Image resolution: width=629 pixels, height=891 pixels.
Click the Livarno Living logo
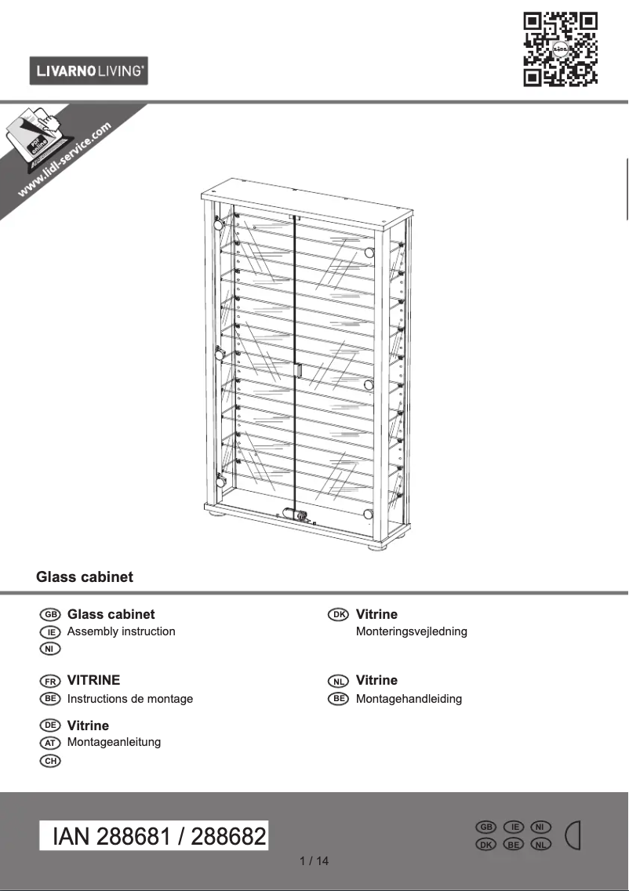click(89, 71)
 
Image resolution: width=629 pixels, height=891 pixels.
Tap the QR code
click(560, 48)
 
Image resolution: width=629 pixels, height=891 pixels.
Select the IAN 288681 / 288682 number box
click(155, 836)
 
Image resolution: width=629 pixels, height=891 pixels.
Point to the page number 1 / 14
click(314, 861)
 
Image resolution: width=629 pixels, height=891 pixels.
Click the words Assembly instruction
click(122, 631)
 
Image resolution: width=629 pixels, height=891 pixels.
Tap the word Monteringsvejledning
click(411, 631)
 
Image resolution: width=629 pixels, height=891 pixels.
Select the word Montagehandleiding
click(409, 698)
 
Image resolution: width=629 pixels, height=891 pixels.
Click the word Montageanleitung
click(115, 742)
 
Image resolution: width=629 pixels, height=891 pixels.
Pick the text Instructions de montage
click(130, 698)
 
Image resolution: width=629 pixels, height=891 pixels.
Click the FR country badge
click(50, 681)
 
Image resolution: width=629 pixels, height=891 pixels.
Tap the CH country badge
click(50, 760)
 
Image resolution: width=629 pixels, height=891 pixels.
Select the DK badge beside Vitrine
click(338, 615)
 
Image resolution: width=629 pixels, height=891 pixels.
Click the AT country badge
click(50, 743)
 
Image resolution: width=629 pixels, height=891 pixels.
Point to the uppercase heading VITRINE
click(94, 680)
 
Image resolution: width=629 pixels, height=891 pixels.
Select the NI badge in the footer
click(541, 827)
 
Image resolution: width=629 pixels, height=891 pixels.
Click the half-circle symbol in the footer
click(574, 835)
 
